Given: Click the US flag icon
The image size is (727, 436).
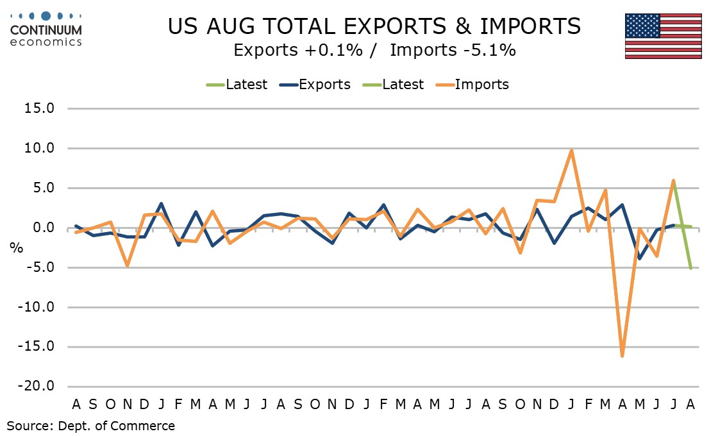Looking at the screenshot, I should (x=663, y=36).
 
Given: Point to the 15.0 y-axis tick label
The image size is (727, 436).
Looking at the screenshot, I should (x=39, y=108).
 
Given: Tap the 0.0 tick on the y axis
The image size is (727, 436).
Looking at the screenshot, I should (x=43, y=228).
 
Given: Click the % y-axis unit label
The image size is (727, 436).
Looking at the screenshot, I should (x=15, y=249).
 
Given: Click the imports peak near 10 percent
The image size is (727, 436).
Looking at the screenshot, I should (x=571, y=151).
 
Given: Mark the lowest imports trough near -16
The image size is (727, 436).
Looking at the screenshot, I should (x=622, y=355).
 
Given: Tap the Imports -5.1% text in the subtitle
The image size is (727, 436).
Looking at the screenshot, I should (x=453, y=51).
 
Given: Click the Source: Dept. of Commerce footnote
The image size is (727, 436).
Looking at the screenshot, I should (x=90, y=425).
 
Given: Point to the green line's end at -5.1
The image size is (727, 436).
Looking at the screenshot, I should (x=690, y=268).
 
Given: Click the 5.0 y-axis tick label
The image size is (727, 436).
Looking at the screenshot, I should (x=43, y=189).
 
